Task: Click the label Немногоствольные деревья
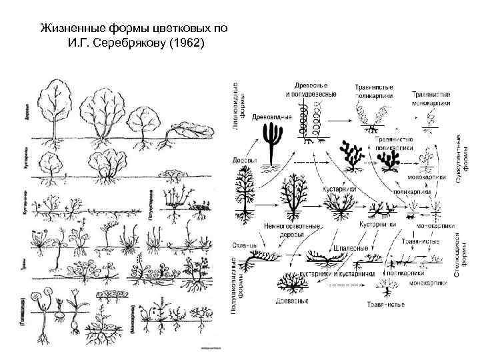pos(292,230)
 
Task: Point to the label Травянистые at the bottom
pos(387,306)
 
